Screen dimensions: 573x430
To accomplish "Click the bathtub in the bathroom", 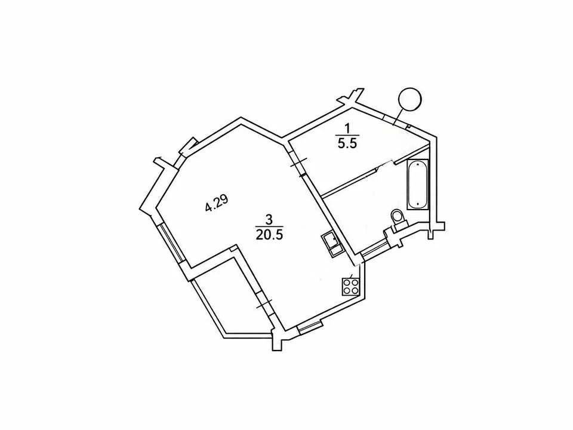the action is tap(417, 184).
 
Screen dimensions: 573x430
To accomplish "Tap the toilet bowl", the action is tap(396, 216).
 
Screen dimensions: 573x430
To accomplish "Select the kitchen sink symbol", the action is tap(332, 244).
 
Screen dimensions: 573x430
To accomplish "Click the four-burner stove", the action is tap(351, 286).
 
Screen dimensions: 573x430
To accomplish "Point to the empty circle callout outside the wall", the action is tap(409, 99).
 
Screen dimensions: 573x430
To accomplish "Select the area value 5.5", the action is tap(347, 143).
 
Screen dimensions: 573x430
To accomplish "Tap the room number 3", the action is tap(269, 220).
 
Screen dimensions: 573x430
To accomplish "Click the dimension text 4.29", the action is tap(217, 204).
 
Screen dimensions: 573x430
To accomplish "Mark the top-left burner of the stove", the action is tap(346, 282).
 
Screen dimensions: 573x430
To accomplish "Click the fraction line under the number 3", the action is tap(269, 227).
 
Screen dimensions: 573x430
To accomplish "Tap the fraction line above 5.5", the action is tap(347, 136).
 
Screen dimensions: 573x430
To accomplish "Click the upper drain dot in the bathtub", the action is tap(418, 165).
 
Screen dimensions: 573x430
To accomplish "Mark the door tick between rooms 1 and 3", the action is tap(298, 162).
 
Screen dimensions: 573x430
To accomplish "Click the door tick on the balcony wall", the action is tap(264, 304).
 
